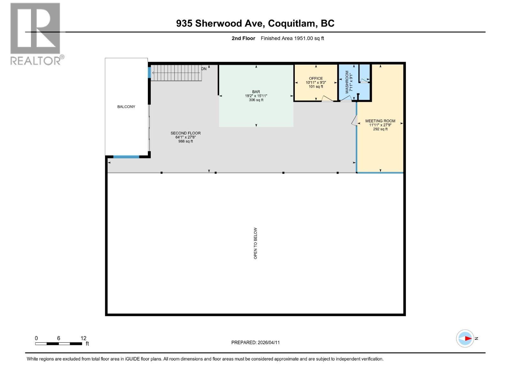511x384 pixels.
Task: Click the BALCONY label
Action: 126,107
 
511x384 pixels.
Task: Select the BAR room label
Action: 256,92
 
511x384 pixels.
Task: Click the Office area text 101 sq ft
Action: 316,87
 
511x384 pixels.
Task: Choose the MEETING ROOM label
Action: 380,121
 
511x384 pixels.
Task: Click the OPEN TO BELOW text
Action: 255,243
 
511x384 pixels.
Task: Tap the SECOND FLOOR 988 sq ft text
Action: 186,141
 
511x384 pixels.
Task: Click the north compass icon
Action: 465,338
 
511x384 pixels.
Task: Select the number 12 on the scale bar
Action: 83,338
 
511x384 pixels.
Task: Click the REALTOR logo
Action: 35,34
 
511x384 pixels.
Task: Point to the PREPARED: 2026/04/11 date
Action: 256,342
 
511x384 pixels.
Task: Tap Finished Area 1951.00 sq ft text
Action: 292,38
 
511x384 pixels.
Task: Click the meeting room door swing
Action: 354,120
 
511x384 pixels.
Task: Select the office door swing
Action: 327,99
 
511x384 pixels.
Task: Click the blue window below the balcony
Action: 126,157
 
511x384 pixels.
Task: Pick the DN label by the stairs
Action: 204,69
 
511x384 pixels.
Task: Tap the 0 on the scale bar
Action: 36,338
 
